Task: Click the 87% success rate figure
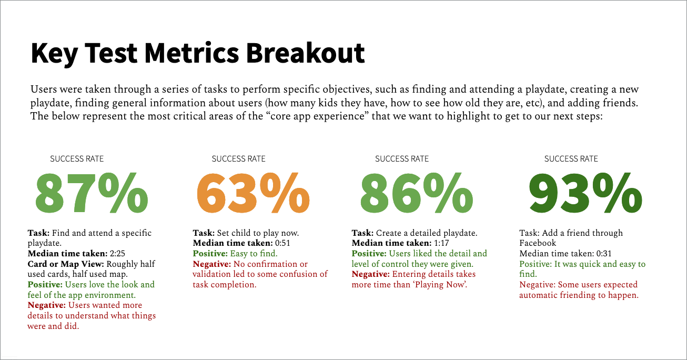point(92,193)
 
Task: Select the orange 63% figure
point(253,193)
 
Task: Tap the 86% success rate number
point(416,193)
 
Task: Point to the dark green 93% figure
point(585,193)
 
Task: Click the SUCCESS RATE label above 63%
point(238,158)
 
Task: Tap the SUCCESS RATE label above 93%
point(571,158)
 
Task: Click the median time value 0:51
point(281,243)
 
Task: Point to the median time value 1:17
point(440,243)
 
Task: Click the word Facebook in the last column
point(538,243)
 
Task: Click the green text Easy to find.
point(255,254)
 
